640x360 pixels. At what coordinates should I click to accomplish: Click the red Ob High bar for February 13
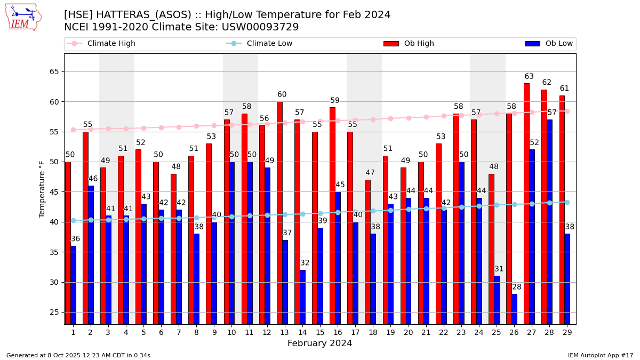click(x=279, y=213)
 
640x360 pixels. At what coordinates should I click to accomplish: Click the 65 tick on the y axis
click(x=54, y=71)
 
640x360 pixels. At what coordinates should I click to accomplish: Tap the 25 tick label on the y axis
click(x=54, y=312)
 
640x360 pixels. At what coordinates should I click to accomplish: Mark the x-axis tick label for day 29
click(x=567, y=332)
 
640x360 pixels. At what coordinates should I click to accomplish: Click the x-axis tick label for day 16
click(x=338, y=332)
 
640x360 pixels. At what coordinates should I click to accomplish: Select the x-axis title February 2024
click(x=320, y=343)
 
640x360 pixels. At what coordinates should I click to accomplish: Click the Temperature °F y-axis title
click(x=42, y=189)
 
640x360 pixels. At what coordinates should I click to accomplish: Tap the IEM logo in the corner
click(x=23, y=17)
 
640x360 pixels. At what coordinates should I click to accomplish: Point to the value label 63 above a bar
click(x=529, y=77)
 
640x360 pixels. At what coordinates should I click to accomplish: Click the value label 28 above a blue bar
click(x=517, y=287)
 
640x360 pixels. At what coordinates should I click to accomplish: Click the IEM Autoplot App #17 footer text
click(x=601, y=355)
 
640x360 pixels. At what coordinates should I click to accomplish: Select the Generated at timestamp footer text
click(x=78, y=355)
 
